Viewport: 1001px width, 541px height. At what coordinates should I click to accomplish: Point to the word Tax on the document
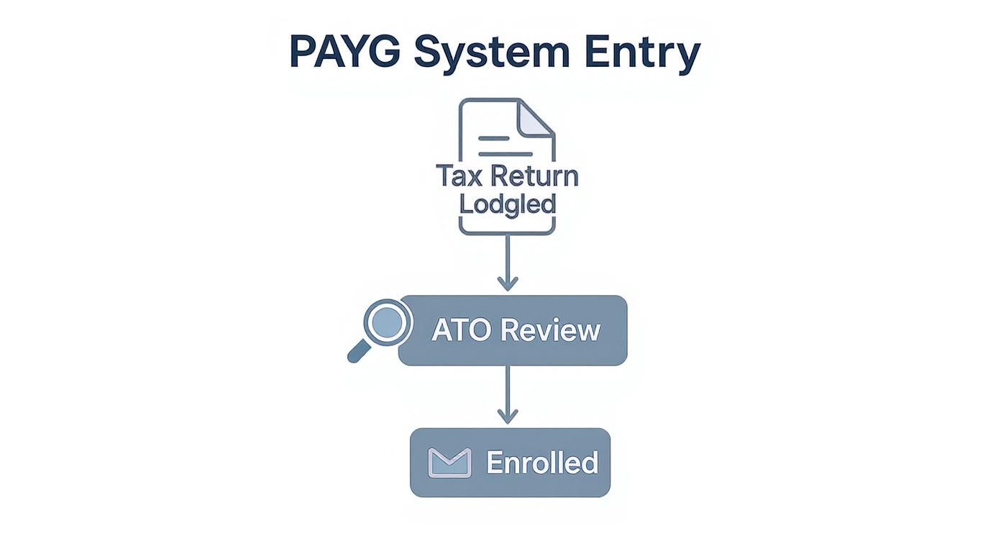tap(461, 176)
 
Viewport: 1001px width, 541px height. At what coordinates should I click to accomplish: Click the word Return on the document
tap(534, 176)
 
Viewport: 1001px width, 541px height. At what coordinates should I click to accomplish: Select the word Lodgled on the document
tap(508, 204)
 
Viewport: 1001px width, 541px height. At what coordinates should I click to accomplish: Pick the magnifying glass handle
tap(359, 352)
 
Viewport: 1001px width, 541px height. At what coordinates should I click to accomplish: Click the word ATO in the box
tap(461, 330)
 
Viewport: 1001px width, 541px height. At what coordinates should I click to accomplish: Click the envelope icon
tap(449, 463)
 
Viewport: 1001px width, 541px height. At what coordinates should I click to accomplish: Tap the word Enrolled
tap(542, 463)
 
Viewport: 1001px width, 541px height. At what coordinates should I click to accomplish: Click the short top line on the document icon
tap(493, 137)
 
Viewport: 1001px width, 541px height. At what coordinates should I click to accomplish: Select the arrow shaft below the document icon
tap(508, 255)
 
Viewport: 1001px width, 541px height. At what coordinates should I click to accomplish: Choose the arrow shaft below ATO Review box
tap(508, 388)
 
